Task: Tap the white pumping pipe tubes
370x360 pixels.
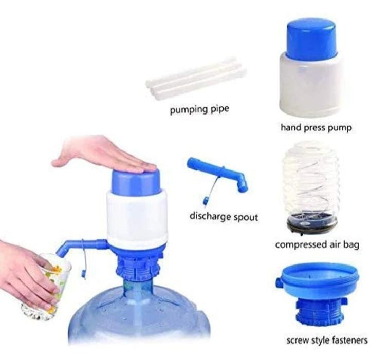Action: (196, 78)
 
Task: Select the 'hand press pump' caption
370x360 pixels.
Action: (316, 128)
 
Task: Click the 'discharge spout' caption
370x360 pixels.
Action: (224, 217)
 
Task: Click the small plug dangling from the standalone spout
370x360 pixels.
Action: (206, 202)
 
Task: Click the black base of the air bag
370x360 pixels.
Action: (311, 224)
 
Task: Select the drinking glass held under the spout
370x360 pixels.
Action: (47, 287)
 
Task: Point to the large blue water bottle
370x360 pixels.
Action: (139, 318)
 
